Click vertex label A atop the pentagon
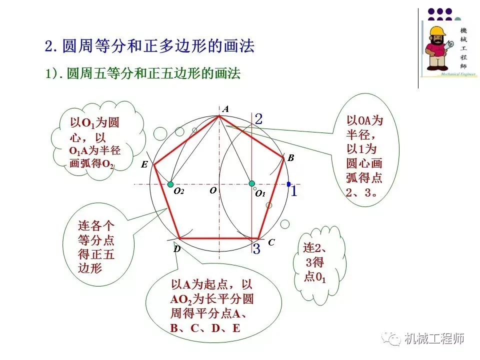225,109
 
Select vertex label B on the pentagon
290,158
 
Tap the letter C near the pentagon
271,242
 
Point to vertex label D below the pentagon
177,248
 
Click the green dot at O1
252,184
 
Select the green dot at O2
170,184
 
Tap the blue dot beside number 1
288,184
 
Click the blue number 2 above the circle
258,119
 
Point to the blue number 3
256,248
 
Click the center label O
213,190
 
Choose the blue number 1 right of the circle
294,190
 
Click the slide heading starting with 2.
149,47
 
